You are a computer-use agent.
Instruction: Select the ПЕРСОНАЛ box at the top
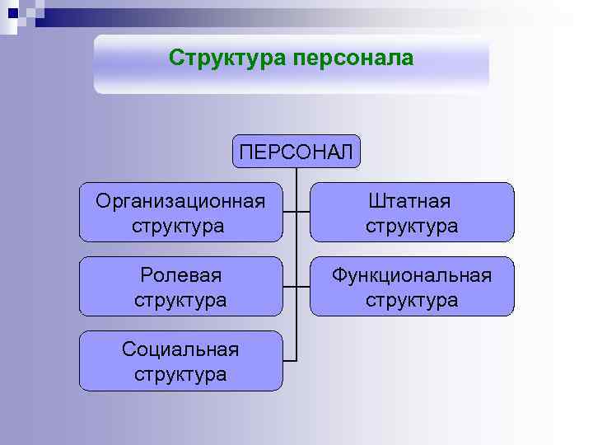pos(296,151)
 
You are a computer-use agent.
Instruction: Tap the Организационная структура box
pos(180,213)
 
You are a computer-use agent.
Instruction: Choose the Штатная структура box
pos(411,213)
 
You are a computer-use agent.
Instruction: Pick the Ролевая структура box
pos(180,286)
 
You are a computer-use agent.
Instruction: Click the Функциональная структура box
pos(411,286)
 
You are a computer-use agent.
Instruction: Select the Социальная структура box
pos(180,360)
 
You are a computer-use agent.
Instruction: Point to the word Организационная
pos(180,201)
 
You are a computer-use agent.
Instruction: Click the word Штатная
pos(411,201)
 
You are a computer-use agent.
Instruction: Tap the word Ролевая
pos(180,274)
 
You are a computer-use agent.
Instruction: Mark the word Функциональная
pos(411,274)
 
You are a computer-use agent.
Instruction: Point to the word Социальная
pos(180,349)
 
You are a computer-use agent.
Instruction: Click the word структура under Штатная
pos(411,225)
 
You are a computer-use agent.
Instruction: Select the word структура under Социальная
pos(180,373)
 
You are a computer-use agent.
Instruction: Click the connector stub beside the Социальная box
pos(289,360)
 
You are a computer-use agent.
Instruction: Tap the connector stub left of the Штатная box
pos(302,213)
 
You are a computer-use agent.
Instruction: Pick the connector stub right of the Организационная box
pos(289,213)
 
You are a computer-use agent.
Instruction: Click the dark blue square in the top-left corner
pos(12,12)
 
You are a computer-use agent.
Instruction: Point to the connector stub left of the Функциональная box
pos(302,286)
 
